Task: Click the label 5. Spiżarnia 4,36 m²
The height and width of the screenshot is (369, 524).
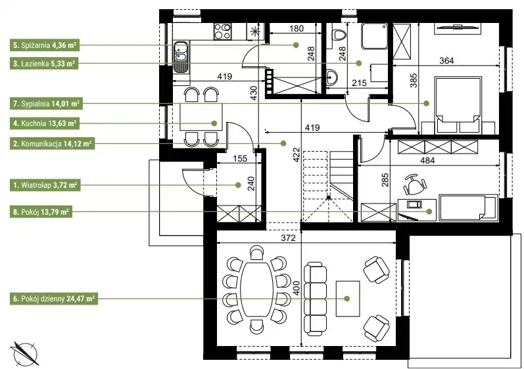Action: (45, 45)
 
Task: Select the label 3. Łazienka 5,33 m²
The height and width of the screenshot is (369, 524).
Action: (44, 64)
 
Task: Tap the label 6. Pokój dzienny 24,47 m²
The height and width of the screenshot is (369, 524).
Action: (54, 299)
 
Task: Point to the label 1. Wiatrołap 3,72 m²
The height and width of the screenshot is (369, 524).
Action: (45, 185)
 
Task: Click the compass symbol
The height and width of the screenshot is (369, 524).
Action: (25, 354)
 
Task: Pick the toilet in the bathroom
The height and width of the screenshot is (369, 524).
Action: (339, 34)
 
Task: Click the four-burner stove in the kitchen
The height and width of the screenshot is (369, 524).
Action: (223, 31)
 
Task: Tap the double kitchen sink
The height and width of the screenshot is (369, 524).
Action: (181, 56)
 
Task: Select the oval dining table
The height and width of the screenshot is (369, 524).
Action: (256, 290)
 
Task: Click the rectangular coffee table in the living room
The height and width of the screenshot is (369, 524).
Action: (348, 299)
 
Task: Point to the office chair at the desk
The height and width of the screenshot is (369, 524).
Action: (415, 184)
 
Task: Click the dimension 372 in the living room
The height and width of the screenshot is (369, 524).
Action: (288, 238)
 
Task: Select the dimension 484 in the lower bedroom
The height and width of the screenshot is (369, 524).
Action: (427, 160)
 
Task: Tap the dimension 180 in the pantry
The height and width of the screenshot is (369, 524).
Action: (297, 29)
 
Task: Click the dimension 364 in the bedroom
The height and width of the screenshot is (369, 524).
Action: (446, 60)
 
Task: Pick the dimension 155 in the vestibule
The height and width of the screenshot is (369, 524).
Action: (240, 158)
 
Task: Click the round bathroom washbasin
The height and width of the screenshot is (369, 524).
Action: (332, 78)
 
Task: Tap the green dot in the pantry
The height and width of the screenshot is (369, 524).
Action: (296, 45)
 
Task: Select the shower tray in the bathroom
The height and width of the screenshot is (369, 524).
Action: (374, 36)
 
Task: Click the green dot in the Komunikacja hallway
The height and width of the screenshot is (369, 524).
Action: (283, 143)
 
